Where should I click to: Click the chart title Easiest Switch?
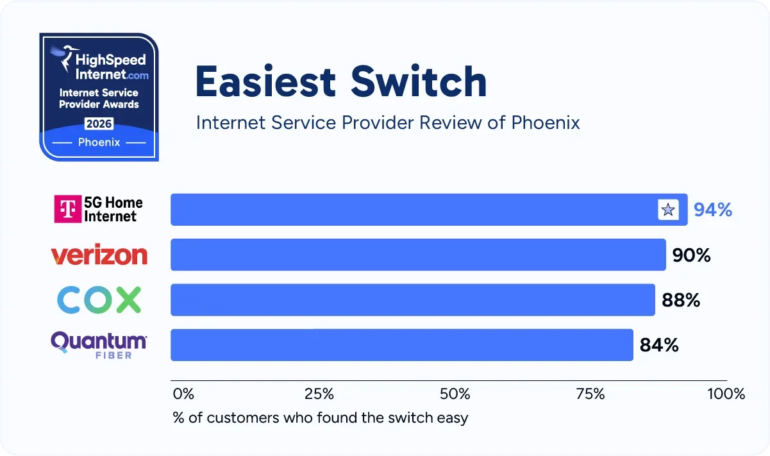(x=341, y=82)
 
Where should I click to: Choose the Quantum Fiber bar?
(x=401, y=345)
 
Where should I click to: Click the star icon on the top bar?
(x=668, y=210)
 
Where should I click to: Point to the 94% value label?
(x=713, y=210)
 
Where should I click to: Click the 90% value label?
(x=691, y=255)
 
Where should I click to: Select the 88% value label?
(x=680, y=300)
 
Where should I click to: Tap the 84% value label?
(x=659, y=345)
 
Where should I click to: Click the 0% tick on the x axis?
(x=183, y=394)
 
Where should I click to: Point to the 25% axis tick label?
(x=319, y=394)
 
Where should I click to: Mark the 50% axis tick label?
(x=455, y=394)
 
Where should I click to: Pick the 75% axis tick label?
(x=590, y=394)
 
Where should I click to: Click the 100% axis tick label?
(x=726, y=394)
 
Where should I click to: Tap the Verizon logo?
(x=99, y=255)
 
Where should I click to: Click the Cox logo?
(x=99, y=300)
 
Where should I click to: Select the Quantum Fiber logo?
(x=99, y=344)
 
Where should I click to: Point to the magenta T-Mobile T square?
(x=67, y=209)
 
